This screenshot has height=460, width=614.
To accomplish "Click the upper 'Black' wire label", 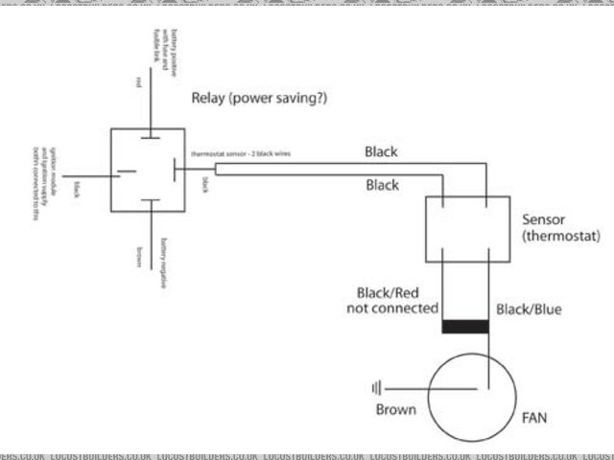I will (381, 151).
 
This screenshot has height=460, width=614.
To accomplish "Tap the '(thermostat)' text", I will (560, 236).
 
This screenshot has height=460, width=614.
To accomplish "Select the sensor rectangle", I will (465, 229).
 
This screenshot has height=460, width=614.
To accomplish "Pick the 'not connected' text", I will (391, 309).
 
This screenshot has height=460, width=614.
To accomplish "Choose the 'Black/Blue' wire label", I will (529, 309).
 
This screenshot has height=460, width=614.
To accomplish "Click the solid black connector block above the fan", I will (465, 327).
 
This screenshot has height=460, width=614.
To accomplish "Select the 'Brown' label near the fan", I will (395, 409).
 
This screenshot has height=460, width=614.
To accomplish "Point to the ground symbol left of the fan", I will (377, 388).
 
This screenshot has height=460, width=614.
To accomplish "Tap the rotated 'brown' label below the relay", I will (140, 256).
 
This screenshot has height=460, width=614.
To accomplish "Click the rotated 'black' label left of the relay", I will (76, 189).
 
